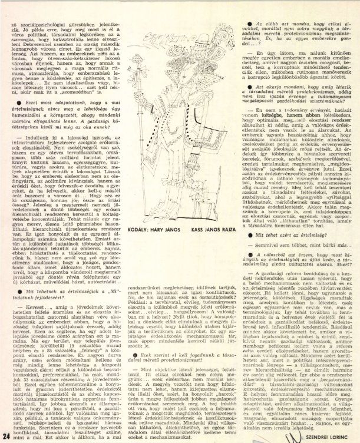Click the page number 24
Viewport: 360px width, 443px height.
(6, 435)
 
